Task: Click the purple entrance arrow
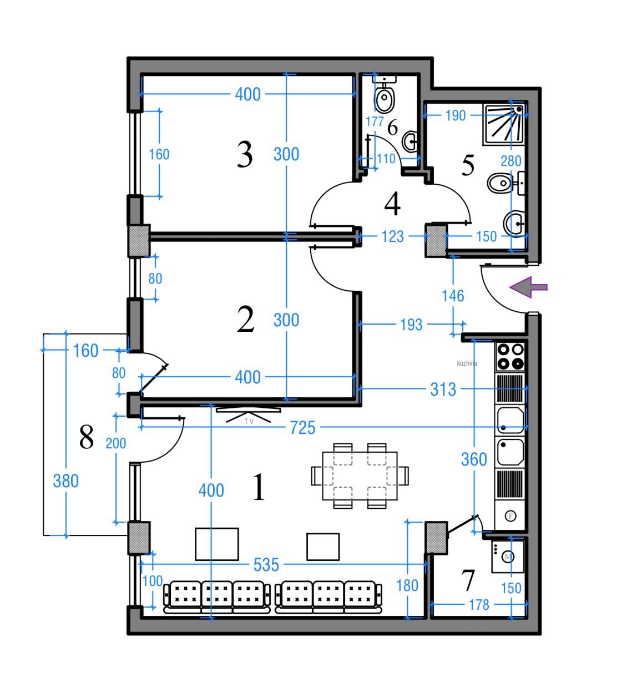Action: click(528, 287)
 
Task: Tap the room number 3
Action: click(245, 155)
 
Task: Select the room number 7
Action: click(468, 580)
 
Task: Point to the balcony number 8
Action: click(87, 437)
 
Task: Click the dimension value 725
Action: click(302, 428)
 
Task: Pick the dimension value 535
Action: click(266, 565)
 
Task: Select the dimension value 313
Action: click(443, 390)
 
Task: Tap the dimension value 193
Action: click(411, 325)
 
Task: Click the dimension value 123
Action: click(393, 237)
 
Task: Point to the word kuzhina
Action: click(467, 363)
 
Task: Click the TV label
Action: click(249, 422)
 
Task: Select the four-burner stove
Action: click(510, 357)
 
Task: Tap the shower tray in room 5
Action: click(505, 125)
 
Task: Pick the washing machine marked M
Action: click(508, 557)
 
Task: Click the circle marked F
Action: click(510, 517)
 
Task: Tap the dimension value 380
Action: click(65, 481)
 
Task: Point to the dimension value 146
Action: click(453, 296)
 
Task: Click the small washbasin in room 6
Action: click(410, 141)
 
